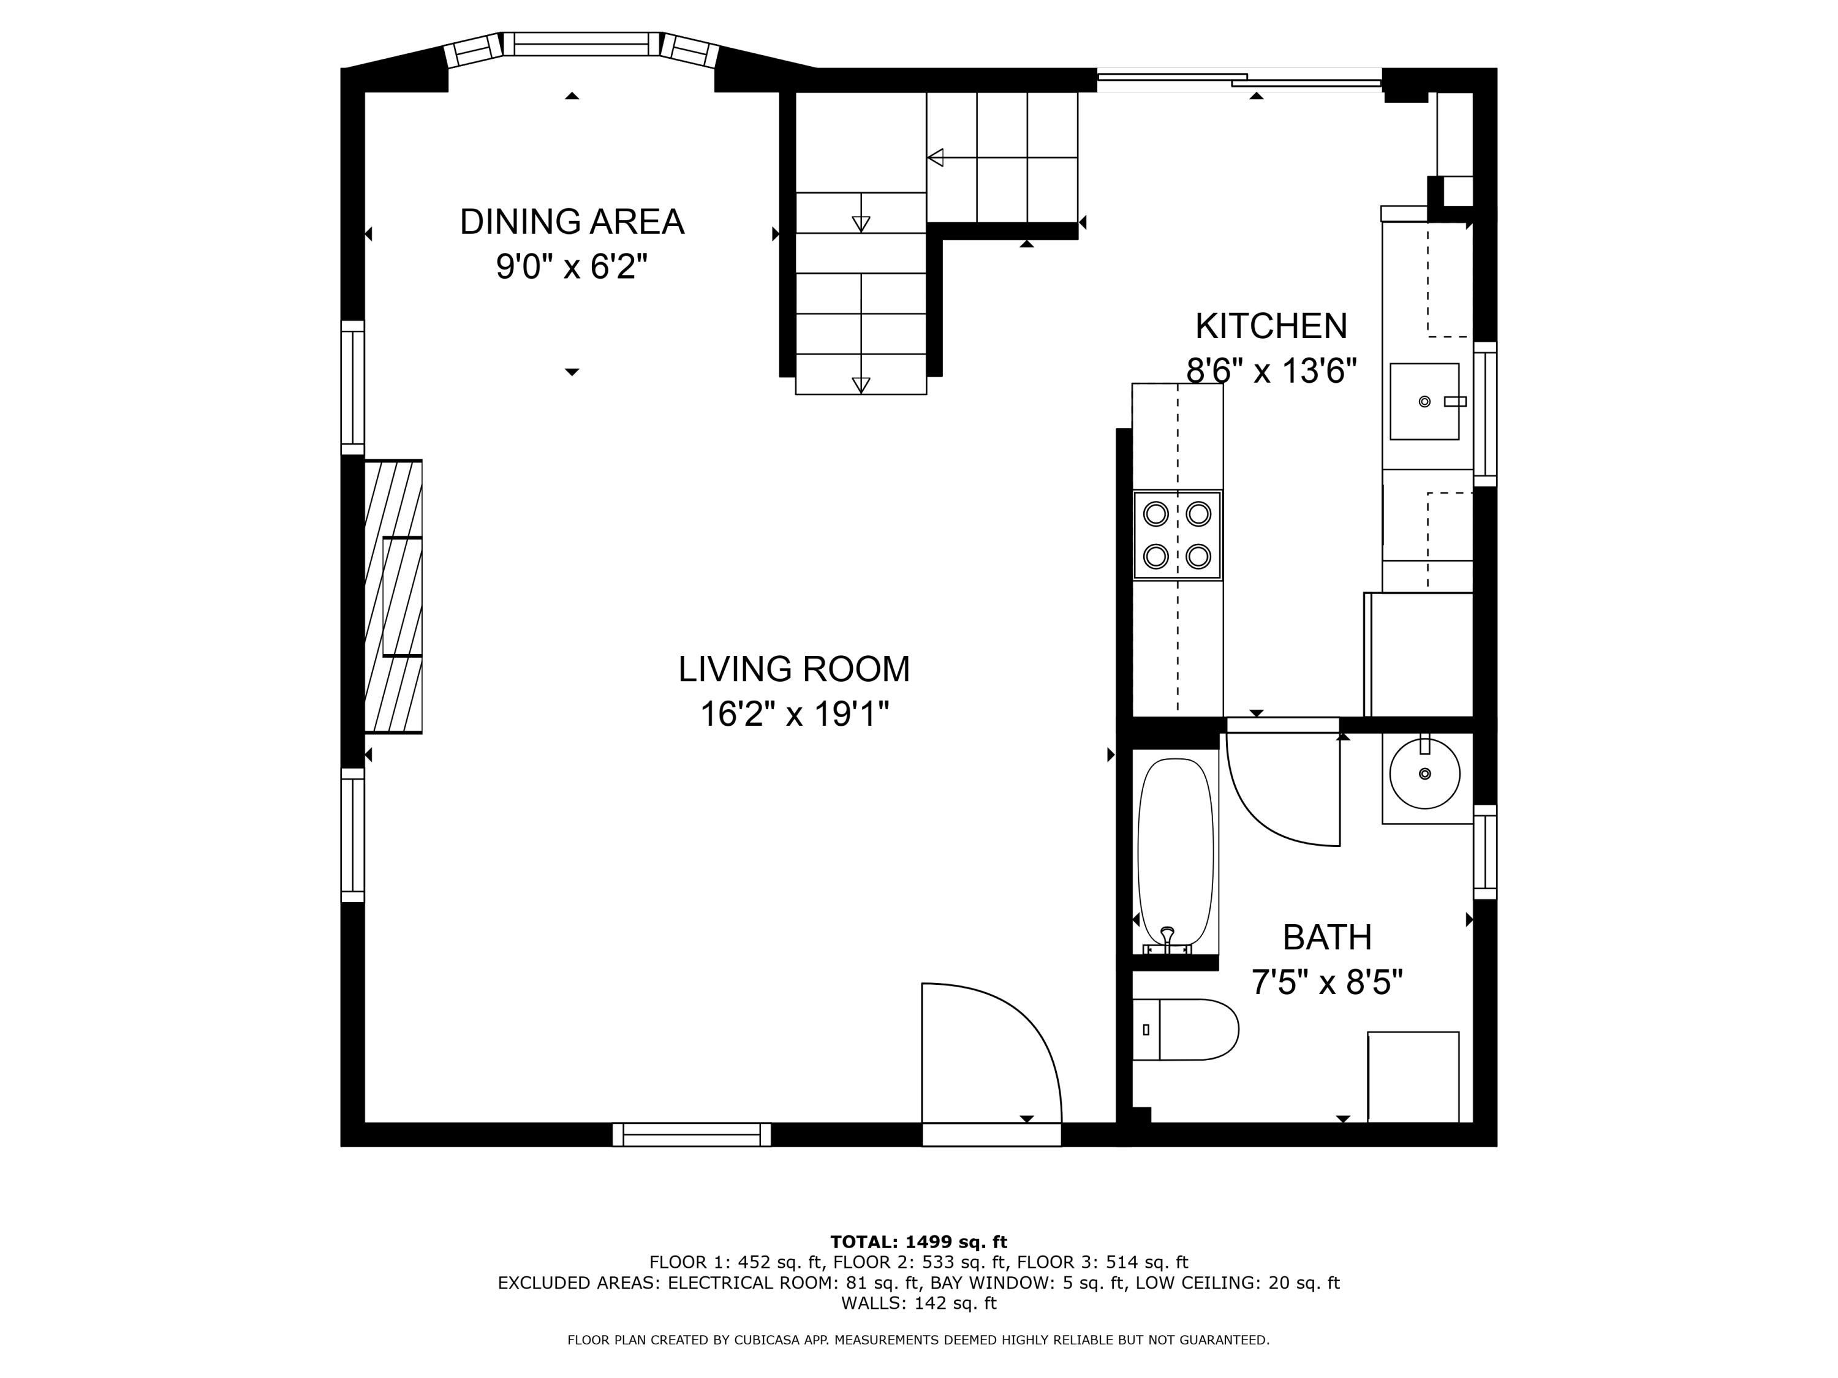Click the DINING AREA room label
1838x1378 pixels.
coord(572,222)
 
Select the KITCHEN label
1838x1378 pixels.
coord(1271,326)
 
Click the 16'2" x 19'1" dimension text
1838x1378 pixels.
coord(795,714)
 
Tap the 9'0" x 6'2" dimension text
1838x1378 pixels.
coord(572,266)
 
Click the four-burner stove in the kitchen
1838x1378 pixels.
coord(1178,535)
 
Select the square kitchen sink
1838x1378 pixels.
coord(1424,401)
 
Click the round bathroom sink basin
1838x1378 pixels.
coord(1424,774)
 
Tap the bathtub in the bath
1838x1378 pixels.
coord(1175,856)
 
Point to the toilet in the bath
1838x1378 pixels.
coord(1185,1030)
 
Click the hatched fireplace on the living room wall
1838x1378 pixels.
coord(394,597)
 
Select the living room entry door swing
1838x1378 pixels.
coord(991,1053)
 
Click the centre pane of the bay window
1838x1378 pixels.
coord(581,44)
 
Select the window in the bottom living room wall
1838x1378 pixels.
coord(691,1135)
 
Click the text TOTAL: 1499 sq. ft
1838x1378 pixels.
coord(918,1242)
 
